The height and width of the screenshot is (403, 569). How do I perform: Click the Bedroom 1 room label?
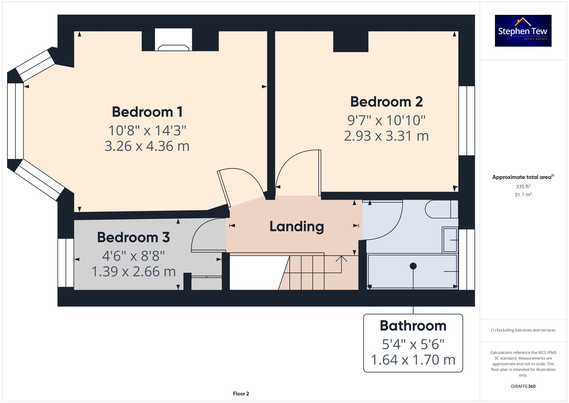click(x=147, y=112)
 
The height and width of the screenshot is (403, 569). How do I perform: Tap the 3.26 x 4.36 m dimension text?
click(x=147, y=146)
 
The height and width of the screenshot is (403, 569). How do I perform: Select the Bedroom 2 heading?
click(x=386, y=102)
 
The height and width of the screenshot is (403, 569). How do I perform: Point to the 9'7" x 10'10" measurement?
click(x=386, y=120)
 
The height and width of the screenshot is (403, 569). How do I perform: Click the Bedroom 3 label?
click(x=133, y=237)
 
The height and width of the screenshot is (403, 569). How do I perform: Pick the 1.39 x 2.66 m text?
click(x=133, y=271)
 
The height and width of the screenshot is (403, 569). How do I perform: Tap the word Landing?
click(x=296, y=226)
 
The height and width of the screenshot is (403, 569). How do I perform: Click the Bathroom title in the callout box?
click(x=413, y=326)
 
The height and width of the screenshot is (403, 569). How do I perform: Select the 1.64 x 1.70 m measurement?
click(x=413, y=360)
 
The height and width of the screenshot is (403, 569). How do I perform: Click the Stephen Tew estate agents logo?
click(x=523, y=31)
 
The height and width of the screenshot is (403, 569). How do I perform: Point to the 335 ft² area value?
click(x=523, y=187)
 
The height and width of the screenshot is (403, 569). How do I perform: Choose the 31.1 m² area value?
click(x=523, y=195)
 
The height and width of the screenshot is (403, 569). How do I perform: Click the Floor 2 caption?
click(x=241, y=394)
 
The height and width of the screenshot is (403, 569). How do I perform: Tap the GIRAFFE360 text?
click(x=523, y=386)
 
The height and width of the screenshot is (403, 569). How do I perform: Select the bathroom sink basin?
click(x=450, y=240)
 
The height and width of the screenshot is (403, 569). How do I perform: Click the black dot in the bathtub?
click(x=413, y=266)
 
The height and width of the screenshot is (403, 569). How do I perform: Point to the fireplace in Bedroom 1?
click(x=173, y=41)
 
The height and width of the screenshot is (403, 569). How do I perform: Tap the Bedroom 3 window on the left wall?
click(x=66, y=263)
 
